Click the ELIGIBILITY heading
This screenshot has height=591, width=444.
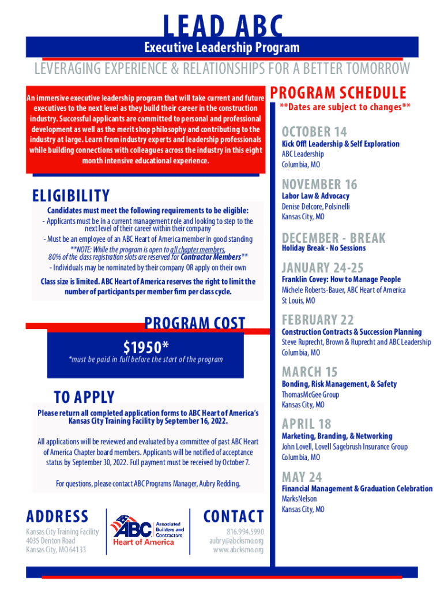click(71, 196)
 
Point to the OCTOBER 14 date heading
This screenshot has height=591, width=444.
click(314, 132)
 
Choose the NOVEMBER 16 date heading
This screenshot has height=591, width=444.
click(319, 185)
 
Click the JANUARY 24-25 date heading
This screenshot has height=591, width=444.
click(323, 268)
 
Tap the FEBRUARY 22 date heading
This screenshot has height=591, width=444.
click(317, 320)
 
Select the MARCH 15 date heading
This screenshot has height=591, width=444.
click(310, 372)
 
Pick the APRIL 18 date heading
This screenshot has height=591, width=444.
click(306, 424)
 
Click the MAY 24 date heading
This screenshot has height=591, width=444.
click(302, 477)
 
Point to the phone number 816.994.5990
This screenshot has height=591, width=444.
click(245, 532)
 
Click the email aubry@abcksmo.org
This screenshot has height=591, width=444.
click(236, 541)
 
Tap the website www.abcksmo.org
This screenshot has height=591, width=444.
click(238, 550)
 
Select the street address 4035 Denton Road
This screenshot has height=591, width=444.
click(51, 541)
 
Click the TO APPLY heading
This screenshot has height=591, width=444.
click(84, 397)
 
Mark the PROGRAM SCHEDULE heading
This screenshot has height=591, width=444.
click(338, 93)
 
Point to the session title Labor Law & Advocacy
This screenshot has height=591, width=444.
click(315, 196)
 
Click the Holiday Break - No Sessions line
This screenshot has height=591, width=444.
click(323, 248)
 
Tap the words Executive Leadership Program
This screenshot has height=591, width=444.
click(222, 47)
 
